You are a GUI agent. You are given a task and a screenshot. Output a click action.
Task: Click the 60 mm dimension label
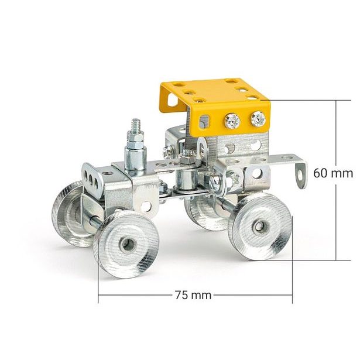333,173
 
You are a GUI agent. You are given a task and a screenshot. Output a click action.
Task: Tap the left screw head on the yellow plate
232,122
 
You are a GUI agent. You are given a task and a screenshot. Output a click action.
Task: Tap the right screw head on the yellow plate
258,119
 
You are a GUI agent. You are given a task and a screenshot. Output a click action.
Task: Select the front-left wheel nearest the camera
126,244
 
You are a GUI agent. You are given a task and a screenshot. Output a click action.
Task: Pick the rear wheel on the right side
261,225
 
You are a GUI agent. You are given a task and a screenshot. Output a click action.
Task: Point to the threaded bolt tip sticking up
136,125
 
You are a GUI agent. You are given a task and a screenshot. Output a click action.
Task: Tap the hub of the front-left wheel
126,244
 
